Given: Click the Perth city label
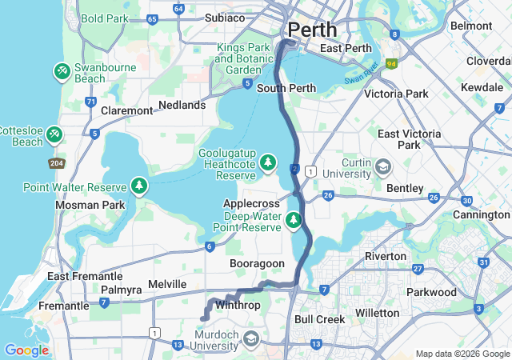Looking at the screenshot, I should [312, 30].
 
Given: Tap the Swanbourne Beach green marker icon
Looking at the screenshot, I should [62, 72].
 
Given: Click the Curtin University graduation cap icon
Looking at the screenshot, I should [383, 167].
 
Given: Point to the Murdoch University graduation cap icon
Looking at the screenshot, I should [251, 340].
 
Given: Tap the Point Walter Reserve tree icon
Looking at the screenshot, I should [140, 187].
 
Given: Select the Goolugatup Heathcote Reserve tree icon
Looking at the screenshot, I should [270, 164].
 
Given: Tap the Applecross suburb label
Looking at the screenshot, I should [250, 204].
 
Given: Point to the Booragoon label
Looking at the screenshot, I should [257, 263].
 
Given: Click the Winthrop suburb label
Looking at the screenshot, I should [238, 305].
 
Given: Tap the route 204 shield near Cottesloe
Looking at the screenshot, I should [55, 162].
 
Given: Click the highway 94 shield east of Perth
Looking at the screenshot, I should [391, 63].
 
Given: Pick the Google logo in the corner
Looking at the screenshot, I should [26, 350].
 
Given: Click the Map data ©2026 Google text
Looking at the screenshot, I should [462, 354].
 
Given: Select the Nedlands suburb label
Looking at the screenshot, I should [182, 105].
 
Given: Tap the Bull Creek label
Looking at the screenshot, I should [320, 319].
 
